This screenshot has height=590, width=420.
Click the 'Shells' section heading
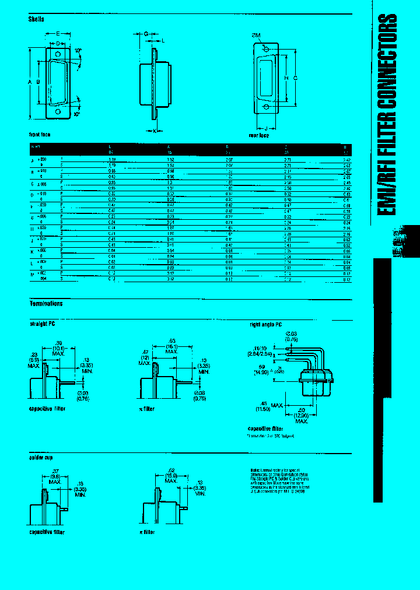[x=37, y=19]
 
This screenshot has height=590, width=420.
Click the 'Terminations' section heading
[x=46, y=304]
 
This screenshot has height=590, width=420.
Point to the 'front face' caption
[x=40, y=135]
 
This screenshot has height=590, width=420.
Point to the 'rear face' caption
[x=258, y=135]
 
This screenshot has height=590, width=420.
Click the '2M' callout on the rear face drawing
[x=256, y=35]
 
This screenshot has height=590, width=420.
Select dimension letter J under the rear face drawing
[x=266, y=128]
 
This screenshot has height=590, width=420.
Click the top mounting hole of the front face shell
[x=58, y=54]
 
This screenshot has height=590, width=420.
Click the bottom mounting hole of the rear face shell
[x=267, y=107]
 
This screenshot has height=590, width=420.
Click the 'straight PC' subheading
[x=42, y=322]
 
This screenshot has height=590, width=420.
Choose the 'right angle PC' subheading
[x=266, y=323]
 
